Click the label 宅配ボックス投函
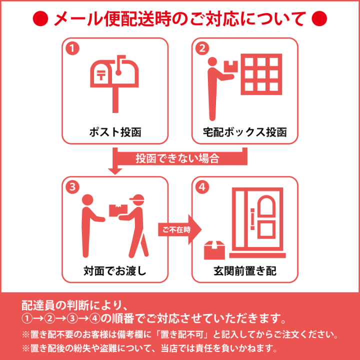pos(244,132)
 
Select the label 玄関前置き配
pos(244,271)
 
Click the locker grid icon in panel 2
pos(260,74)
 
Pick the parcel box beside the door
pos(214,248)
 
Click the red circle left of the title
pos(40,19)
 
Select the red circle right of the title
pos(318,19)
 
